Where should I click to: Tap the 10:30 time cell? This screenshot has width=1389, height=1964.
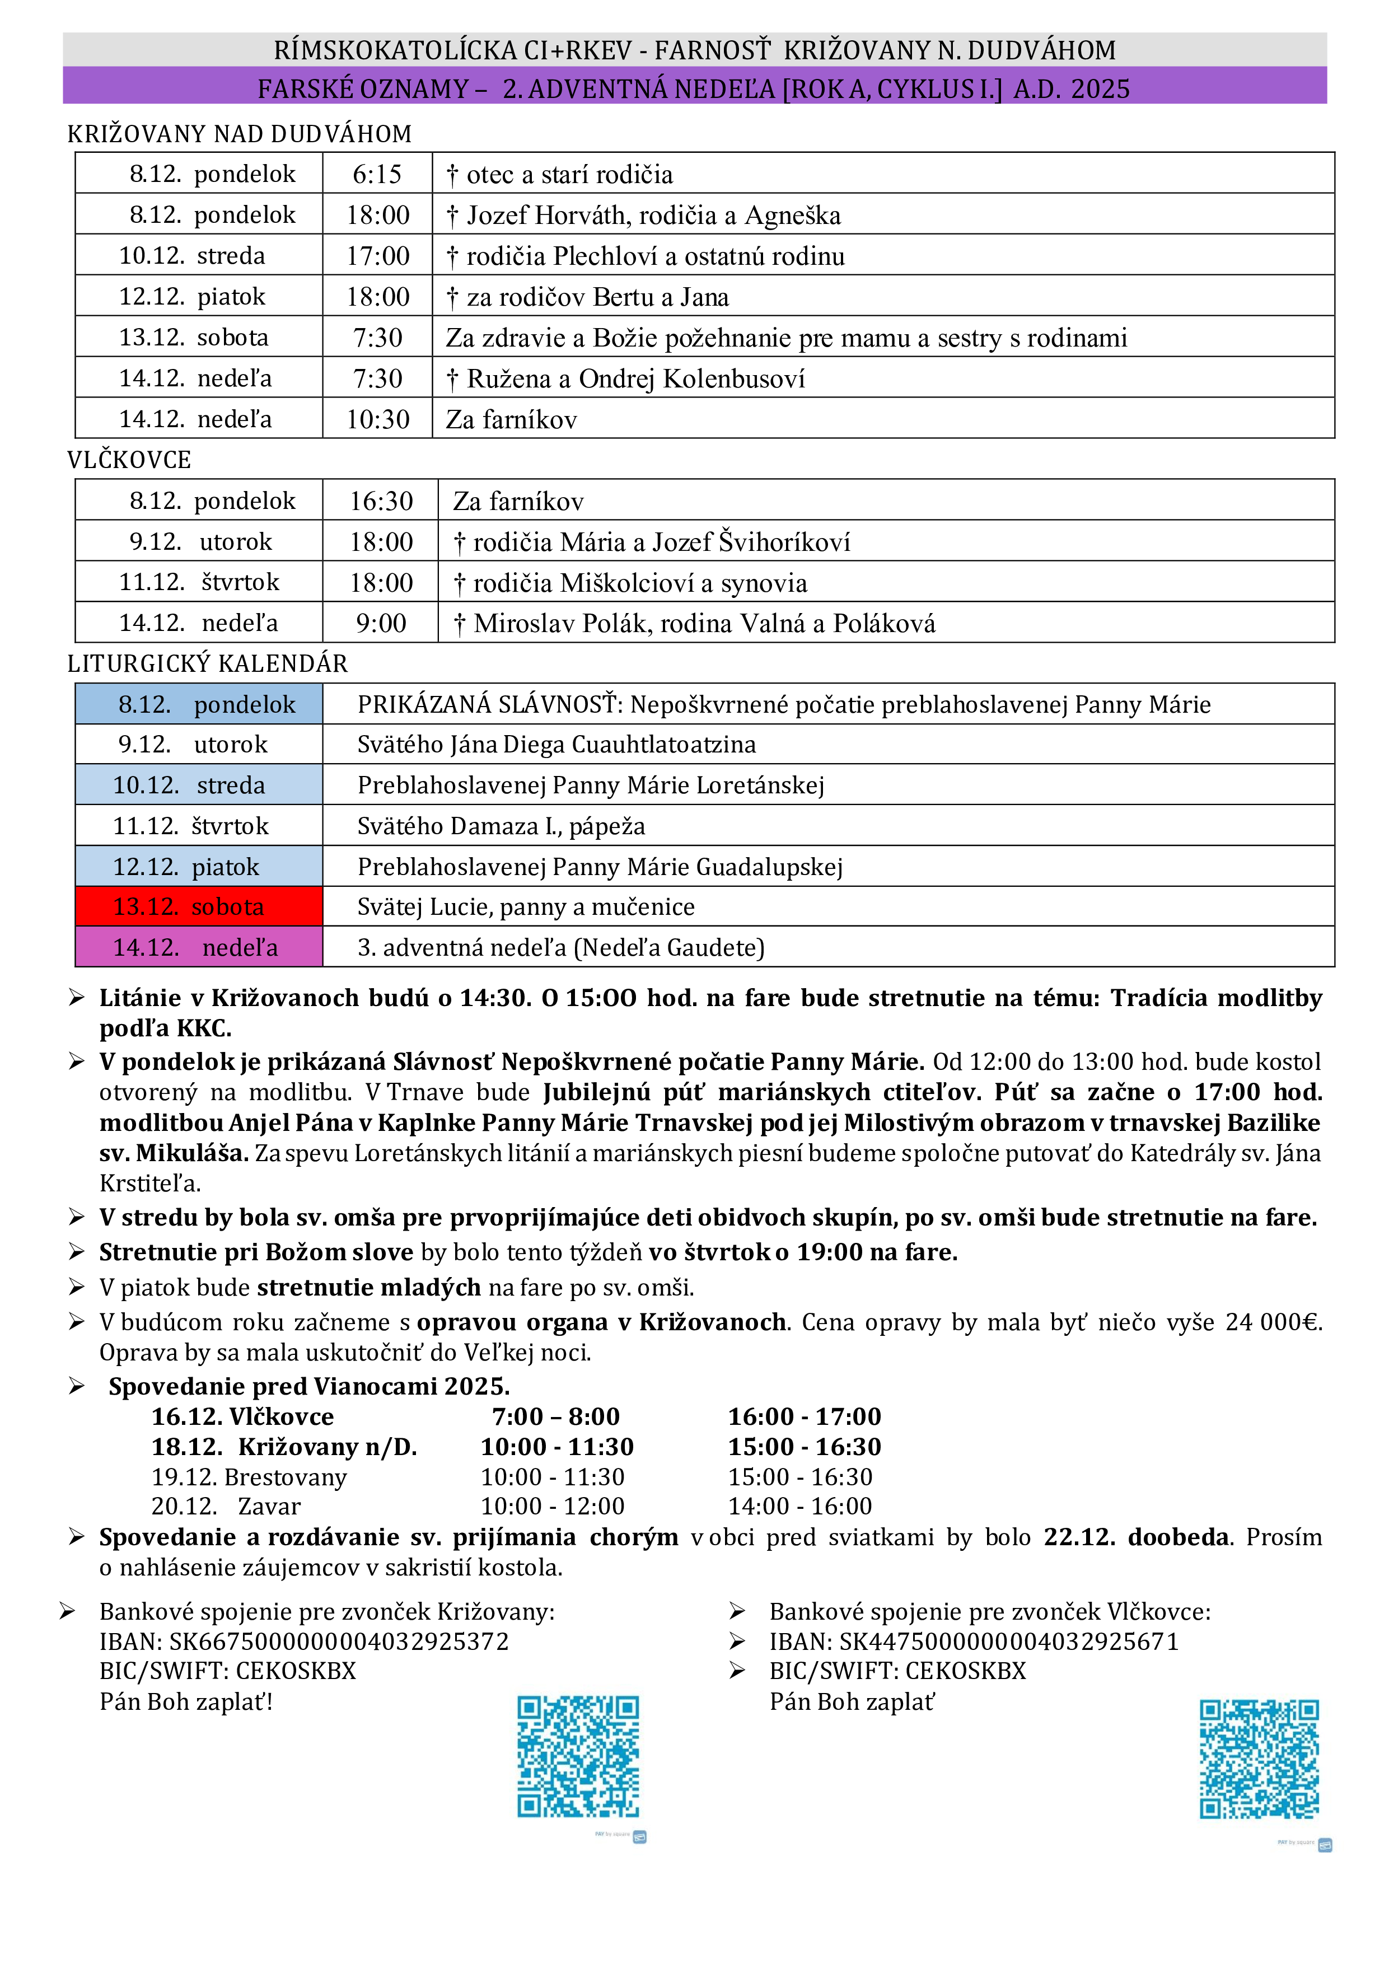pyautogui.click(x=377, y=419)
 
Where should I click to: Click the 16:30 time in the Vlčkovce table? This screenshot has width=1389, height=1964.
pyautogui.click(x=381, y=501)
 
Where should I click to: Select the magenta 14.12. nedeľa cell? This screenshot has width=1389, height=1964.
pyautogui.click(x=198, y=947)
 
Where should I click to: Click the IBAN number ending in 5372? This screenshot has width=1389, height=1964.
pyautogui.click(x=339, y=1640)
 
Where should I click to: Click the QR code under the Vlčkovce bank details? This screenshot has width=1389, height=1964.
pyautogui.click(x=1259, y=1760)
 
